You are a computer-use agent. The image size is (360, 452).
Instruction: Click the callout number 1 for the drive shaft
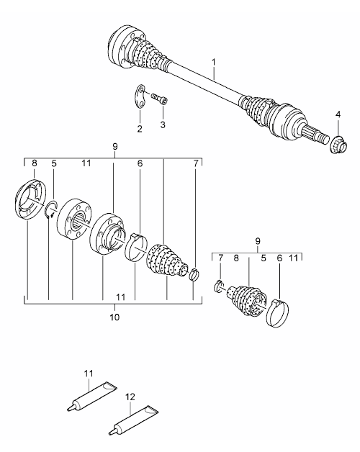(213, 62)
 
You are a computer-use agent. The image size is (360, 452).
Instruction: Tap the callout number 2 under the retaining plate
(140, 129)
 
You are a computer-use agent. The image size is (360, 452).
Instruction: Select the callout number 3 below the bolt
(163, 125)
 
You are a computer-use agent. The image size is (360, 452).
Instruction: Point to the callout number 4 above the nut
(338, 114)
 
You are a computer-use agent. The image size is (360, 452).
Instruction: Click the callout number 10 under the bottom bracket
(114, 317)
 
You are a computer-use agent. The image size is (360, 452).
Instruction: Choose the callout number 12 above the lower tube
(130, 397)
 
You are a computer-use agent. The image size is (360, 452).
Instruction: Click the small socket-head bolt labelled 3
(160, 99)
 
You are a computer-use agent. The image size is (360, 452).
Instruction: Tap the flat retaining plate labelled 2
(141, 97)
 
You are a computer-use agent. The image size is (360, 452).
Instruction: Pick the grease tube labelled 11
(91, 396)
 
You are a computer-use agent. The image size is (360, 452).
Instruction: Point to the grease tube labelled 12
(132, 419)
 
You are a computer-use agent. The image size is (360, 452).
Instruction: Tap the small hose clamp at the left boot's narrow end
(194, 274)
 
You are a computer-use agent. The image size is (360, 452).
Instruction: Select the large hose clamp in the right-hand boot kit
(277, 314)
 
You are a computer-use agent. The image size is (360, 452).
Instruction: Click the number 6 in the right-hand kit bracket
(279, 258)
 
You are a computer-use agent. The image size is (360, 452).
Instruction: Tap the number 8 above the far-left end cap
(35, 163)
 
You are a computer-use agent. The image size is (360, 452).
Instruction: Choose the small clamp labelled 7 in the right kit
(220, 286)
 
